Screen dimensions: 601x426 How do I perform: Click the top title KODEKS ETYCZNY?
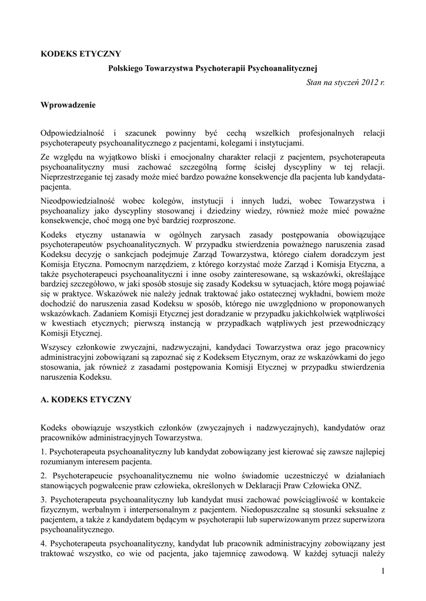(80, 54)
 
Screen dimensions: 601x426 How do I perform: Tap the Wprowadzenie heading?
(68, 106)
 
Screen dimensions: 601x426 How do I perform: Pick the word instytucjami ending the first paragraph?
(282, 143)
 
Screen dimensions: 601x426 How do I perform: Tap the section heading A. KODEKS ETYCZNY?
(86, 400)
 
